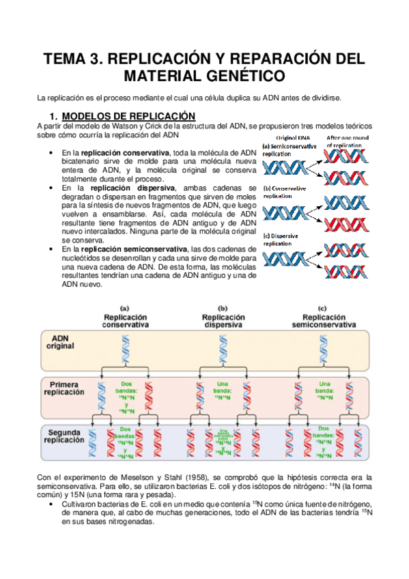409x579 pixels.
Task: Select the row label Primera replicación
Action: [64, 389]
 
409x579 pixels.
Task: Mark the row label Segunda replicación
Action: [64, 436]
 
